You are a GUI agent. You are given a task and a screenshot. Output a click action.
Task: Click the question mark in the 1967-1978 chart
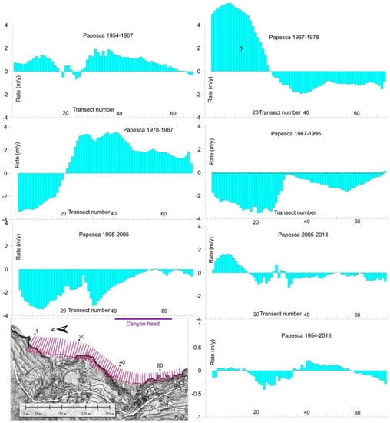pyautogui.click(x=240, y=49)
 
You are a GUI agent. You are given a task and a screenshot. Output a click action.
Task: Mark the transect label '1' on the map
pyautogui.click(x=35, y=331)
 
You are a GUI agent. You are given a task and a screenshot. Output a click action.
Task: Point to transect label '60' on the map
pyautogui.click(x=159, y=366)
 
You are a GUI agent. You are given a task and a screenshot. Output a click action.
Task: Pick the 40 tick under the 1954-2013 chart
pyautogui.click(x=306, y=411)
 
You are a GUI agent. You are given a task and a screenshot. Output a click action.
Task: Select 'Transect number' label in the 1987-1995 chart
pyautogui.click(x=295, y=212)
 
